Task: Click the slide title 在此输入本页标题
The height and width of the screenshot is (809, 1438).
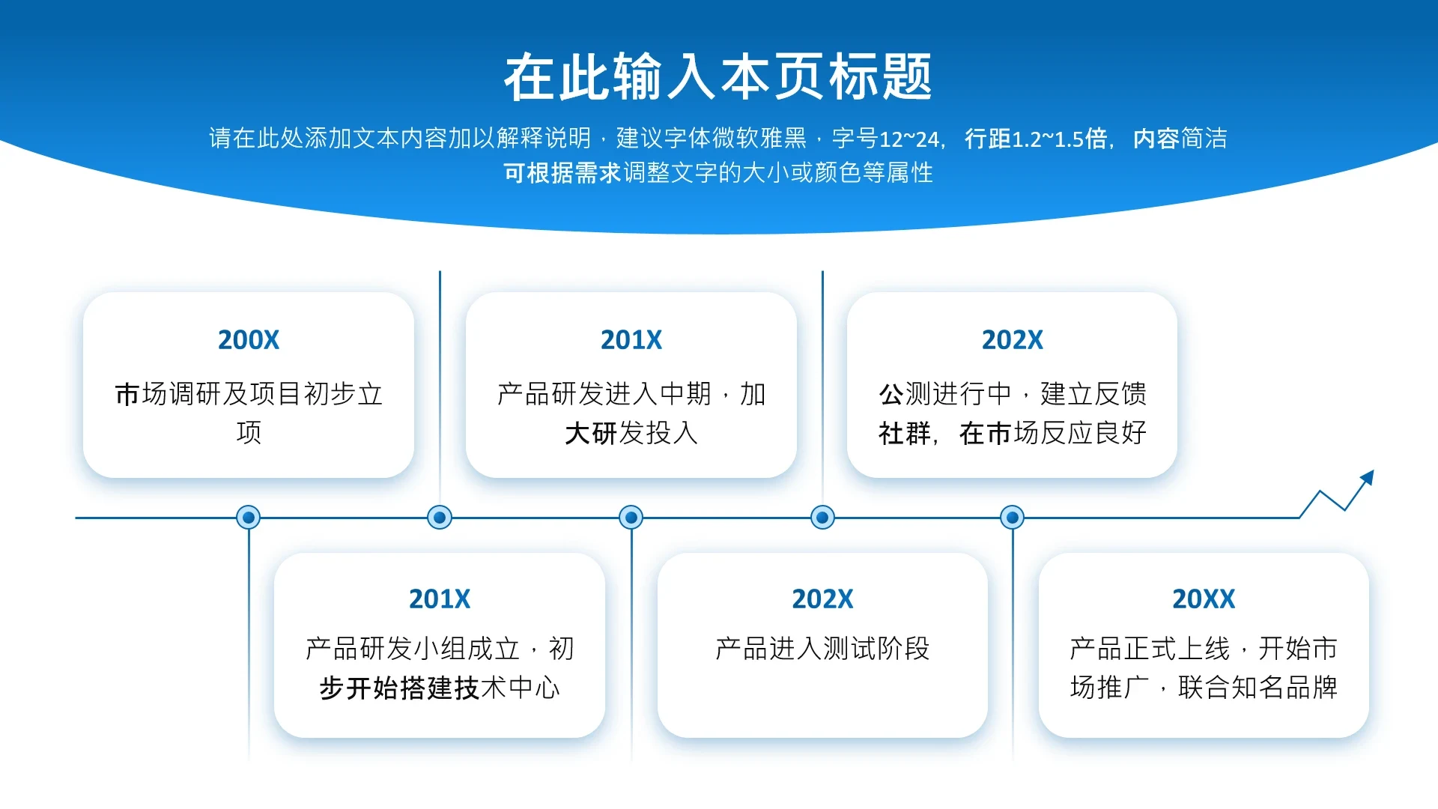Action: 718,76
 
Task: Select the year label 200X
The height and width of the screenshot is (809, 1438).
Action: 249,340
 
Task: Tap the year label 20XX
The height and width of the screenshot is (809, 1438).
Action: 1204,599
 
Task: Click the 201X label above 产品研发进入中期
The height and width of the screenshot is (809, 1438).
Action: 631,340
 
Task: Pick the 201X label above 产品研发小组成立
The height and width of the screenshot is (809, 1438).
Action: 440,599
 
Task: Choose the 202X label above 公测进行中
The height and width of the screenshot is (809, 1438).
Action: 1013,340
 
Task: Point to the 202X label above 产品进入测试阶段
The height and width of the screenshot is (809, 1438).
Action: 822,599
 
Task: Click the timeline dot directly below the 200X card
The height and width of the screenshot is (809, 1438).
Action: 248,517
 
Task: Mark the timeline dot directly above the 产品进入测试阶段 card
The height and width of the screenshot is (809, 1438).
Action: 822,517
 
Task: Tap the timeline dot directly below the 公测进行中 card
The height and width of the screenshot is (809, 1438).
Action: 1013,517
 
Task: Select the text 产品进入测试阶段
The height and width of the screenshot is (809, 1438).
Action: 822,649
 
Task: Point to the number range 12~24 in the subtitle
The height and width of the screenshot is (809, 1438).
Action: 908,139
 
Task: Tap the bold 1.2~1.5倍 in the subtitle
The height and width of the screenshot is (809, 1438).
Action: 1059,139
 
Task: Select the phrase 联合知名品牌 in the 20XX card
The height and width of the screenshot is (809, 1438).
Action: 1258,688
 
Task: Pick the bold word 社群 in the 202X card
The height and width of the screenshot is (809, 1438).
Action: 905,433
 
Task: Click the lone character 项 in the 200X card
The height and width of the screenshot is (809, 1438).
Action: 249,433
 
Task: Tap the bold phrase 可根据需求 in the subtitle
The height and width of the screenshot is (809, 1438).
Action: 562,173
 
